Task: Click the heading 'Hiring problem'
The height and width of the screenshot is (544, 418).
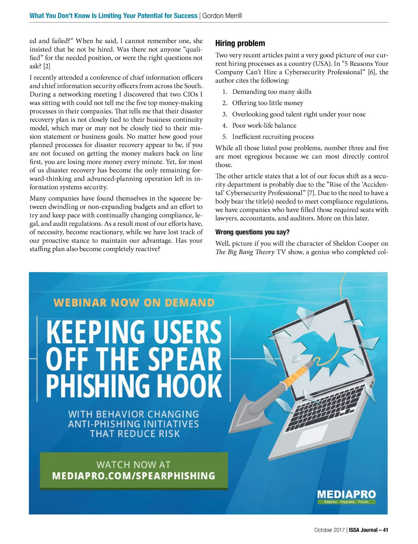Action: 240,43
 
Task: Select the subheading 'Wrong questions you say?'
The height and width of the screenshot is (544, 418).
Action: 252,232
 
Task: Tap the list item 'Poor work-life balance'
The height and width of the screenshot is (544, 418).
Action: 264,126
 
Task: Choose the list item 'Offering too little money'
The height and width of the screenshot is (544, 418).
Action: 268,103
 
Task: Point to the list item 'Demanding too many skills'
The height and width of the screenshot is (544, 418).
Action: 272,92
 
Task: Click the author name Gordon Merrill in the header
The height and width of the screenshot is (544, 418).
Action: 222,16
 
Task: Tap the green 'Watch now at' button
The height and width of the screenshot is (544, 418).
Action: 134,470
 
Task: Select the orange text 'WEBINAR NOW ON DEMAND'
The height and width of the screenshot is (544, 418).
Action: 134,303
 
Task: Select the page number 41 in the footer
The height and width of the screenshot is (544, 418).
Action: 385,530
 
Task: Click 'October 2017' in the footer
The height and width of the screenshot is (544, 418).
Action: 329,530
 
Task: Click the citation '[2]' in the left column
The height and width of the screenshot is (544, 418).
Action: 47,66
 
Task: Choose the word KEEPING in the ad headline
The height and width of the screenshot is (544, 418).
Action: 95,333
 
